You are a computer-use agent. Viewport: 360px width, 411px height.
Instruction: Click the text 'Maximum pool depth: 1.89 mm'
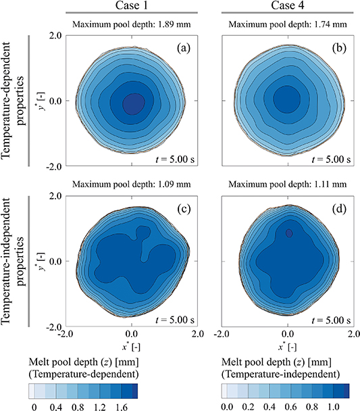pyautogui.click(x=132, y=26)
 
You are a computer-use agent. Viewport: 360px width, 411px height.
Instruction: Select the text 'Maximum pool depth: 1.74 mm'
pyautogui.click(x=288, y=26)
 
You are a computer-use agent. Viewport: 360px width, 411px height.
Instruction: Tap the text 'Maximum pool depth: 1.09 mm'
pyautogui.click(x=132, y=183)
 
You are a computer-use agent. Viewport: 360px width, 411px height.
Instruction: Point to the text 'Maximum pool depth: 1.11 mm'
pyautogui.click(x=288, y=183)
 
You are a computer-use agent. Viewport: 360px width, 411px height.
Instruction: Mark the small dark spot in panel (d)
pyautogui.click(x=289, y=233)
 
